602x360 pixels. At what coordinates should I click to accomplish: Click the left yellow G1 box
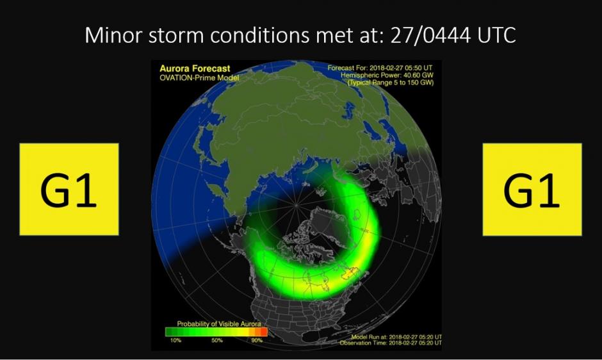tap(69, 189)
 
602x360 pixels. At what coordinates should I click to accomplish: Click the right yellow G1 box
tap(532, 190)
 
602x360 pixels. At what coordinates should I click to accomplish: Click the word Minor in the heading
tap(113, 35)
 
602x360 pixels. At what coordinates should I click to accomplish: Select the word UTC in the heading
tap(497, 35)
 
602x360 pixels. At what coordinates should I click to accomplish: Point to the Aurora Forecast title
tap(195, 69)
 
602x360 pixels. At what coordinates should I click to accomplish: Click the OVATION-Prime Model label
tap(199, 78)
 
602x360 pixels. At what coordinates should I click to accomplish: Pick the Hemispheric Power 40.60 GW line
tap(387, 76)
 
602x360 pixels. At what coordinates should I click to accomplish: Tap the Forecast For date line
tap(380, 68)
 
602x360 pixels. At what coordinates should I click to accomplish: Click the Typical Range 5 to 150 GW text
tap(391, 83)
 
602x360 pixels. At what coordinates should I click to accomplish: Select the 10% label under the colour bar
tap(175, 340)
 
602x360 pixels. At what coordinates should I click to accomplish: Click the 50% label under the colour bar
tap(217, 340)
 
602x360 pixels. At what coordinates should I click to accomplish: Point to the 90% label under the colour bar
tap(257, 340)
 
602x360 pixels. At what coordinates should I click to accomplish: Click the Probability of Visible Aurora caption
tap(219, 324)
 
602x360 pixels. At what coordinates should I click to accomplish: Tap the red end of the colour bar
tap(264, 332)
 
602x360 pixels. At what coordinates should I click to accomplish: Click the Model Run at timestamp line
tap(396, 337)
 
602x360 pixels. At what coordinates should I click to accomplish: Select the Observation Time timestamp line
tap(391, 343)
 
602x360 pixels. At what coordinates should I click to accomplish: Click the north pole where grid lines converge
tap(296, 206)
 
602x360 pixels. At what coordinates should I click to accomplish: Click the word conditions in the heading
tap(259, 35)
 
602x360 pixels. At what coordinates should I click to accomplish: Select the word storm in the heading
tap(176, 36)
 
